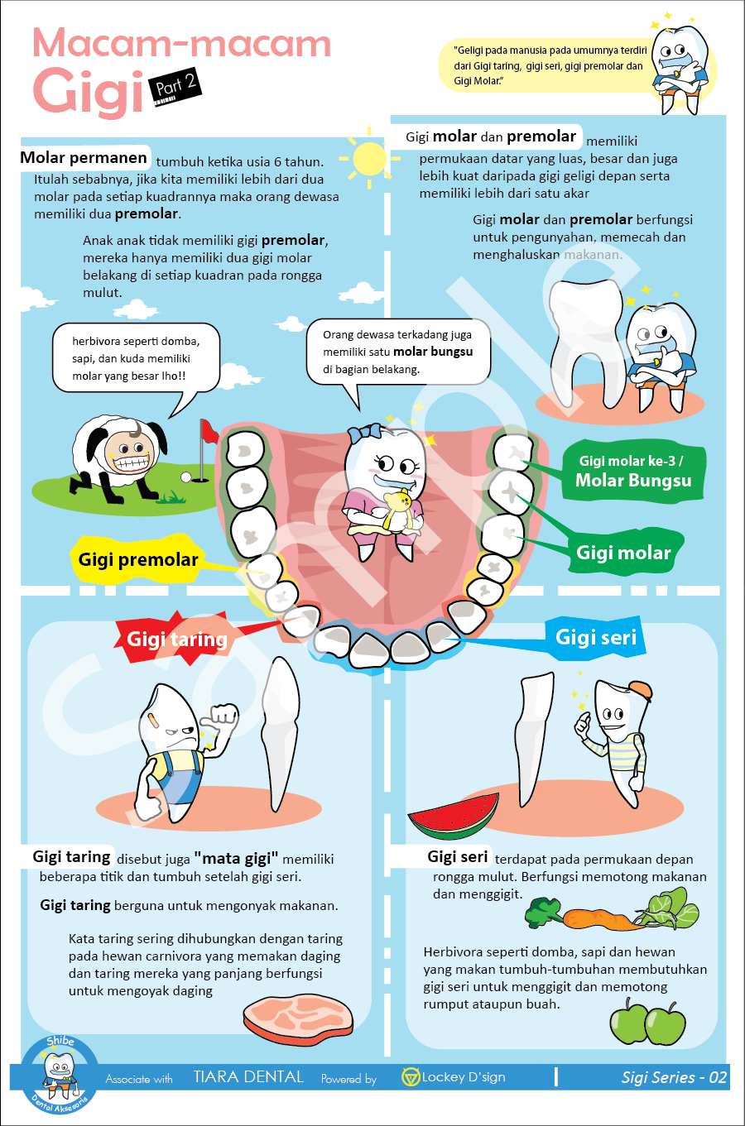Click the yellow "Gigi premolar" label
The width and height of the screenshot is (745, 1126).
pos(138,560)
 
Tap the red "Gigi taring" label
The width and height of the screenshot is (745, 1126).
pos(176,639)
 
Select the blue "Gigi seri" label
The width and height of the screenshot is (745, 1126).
pos(595,637)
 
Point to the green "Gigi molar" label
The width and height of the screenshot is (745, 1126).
pos(623,553)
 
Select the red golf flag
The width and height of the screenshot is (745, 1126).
pos(208,430)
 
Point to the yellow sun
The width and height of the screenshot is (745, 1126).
pos(369,157)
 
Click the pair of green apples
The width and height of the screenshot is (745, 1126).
pos(647,1022)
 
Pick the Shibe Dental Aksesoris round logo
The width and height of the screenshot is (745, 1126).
pos(60,1073)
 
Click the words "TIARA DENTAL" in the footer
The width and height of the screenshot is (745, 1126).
pos(248,1077)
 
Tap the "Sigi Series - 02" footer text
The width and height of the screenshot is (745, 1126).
pos(674,1077)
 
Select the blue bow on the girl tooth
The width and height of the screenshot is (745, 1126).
pos(364,433)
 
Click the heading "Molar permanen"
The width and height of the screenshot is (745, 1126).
pos(84,158)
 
